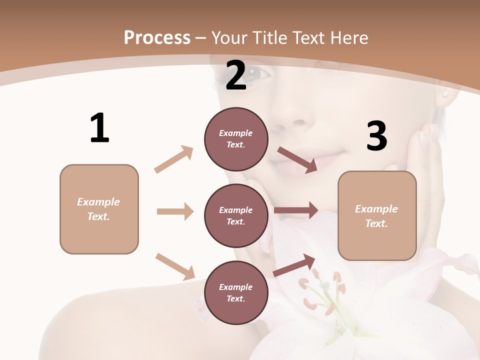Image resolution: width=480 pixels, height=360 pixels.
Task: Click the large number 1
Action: [99, 128]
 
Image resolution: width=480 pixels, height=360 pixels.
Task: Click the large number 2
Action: [236, 75]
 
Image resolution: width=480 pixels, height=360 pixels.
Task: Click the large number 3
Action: [376, 136]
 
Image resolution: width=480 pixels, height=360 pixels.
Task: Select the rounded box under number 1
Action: [99, 209]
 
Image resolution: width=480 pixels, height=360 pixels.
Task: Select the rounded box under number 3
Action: [377, 216]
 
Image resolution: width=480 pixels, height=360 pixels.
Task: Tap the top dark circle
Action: [236, 139]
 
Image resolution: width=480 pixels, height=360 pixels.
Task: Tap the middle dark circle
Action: [236, 215]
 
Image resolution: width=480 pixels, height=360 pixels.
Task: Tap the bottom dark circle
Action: [236, 292]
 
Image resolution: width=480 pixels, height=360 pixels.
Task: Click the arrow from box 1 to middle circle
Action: [175, 211]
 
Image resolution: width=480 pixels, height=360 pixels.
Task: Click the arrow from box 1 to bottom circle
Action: [175, 266]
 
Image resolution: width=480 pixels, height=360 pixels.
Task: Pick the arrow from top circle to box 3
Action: [297, 160]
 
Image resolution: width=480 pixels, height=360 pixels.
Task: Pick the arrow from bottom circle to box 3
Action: [294, 265]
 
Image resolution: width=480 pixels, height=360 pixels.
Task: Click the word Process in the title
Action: [157, 37]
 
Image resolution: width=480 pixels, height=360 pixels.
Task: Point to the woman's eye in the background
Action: [259, 73]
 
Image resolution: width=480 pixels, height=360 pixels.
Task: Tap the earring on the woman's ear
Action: [443, 93]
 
